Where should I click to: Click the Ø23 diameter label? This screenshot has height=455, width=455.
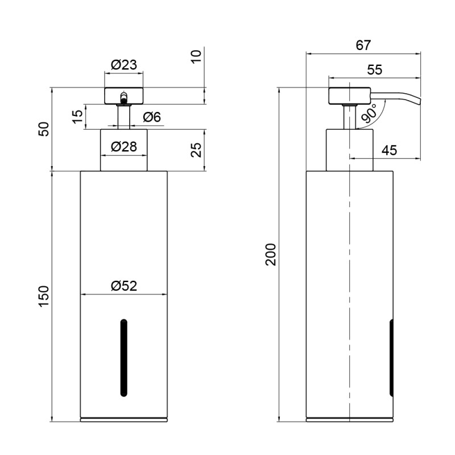pyautogui.click(x=124, y=65)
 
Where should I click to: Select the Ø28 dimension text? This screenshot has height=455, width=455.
pyautogui.click(x=124, y=147)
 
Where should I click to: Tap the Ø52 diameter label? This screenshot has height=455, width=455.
pyautogui.click(x=124, y=286)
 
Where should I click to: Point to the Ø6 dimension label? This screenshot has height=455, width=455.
pyautogui.click(x=152, y=117)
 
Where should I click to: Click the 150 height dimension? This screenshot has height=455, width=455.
pyautogui.click(x=44, y=296)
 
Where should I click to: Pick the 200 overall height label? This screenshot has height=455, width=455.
pyautogui.click(x=271, y=254)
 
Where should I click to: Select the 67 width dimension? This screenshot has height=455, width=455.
pyautogui.click(x=363, y=45)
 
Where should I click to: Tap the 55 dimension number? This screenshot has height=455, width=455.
pyautogui.click(x=375, y=70)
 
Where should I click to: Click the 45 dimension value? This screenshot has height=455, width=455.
pyautogui.click(x=389, y=151)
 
